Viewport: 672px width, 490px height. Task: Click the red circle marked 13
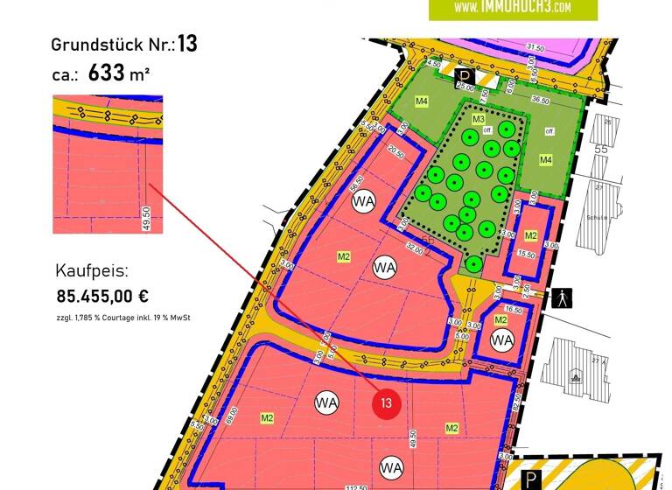click(x=388, y=405)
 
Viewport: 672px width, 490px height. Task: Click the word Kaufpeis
click(x=92, y=269)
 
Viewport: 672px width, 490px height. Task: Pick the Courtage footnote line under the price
click(x=123, y=317)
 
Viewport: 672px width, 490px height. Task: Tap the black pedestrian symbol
click(x=562, y=298)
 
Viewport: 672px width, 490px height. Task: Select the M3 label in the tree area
click(x=479, y=118)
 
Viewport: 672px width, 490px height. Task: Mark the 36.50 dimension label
click(x=541, y=101)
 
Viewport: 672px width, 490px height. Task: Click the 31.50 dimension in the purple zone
click(x=535, y=48)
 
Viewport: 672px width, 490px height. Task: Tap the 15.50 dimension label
click(x=526, y=254)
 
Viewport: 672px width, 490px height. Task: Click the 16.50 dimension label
click(x=514, y=310)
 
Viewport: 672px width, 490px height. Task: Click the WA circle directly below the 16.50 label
click(x=501, y=340)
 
